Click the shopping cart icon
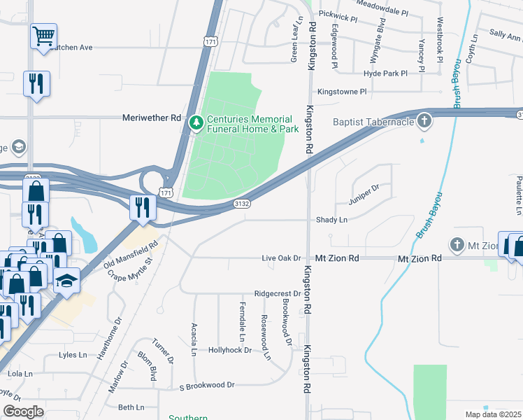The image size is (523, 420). [x=43, y=35]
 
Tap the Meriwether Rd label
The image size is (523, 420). [x=152, y=118]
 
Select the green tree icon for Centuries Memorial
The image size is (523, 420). [x=197, y=123]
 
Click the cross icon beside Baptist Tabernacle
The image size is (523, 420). [x=423, y=121]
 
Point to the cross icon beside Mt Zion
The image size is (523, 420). [x=457, y=245]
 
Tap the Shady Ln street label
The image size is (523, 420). [x=333, y=220]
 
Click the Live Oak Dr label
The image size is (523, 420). [x=280, y=258]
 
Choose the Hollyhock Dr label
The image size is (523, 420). [x=229, y=349]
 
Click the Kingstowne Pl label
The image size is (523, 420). [x=342, y=92]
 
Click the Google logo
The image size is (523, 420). [x=24, y=411]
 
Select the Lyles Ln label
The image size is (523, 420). [x=73, y=355]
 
